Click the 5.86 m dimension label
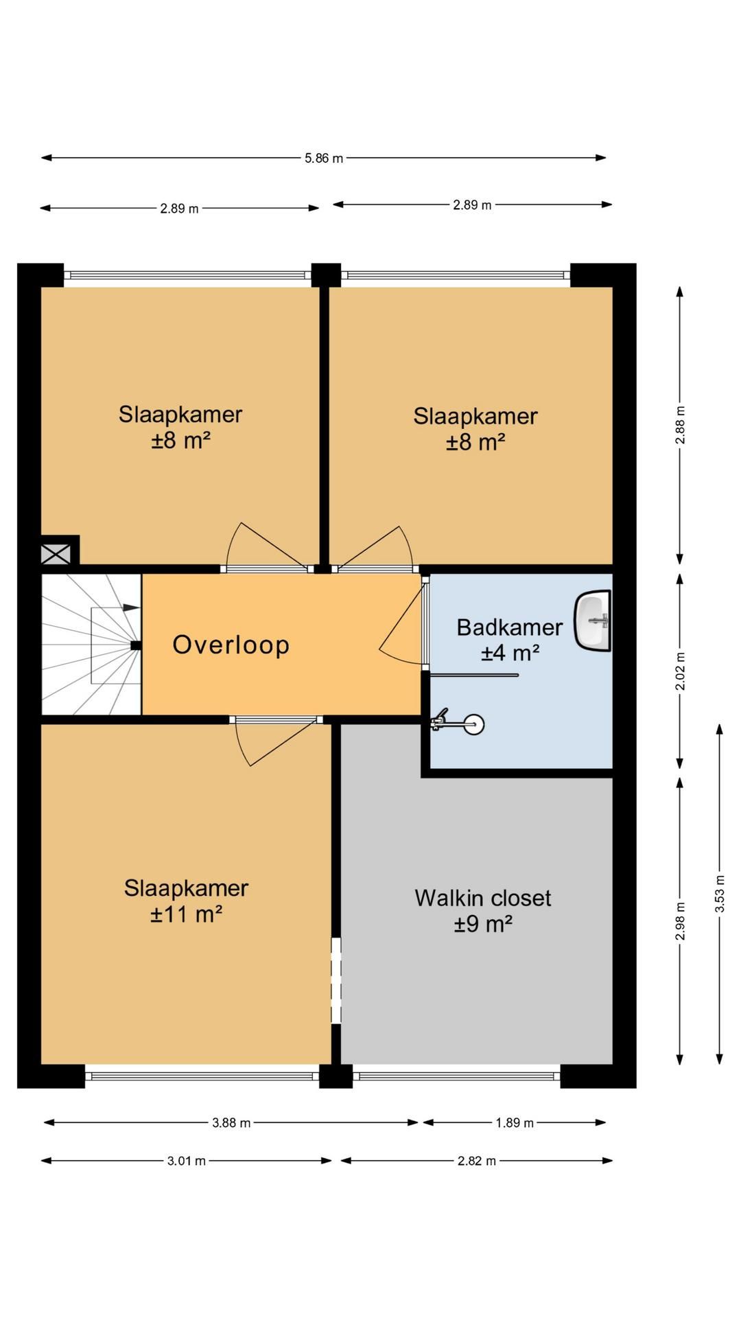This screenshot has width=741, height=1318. click(x=324, y=159)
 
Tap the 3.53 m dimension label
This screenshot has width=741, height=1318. click(x=720, y=893)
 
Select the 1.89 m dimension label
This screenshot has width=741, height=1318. click(x=515, y=1124)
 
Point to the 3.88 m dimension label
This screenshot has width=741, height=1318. click(x=231, y=1124)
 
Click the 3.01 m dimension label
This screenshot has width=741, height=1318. click(x=187, y=1161)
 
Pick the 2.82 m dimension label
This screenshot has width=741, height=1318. click(x=477, y=1161)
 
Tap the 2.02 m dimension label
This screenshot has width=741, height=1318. click(x=681, y=671)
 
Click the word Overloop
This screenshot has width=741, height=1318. click(x=231, y=645)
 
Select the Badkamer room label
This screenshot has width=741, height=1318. click(x=510, y=627)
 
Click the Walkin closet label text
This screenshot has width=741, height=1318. click(x=483, y=899)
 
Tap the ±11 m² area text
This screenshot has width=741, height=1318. click(x=187, y=914)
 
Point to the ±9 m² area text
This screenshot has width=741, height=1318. click(x=484, y=925)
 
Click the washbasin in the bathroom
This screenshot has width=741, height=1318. click(x=593, y=621)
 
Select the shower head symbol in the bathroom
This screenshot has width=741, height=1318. click(x=458, y=723)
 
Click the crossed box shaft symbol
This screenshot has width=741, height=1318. click(x=56, y=553)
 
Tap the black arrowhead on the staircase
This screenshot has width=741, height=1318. click(x=132, y=608)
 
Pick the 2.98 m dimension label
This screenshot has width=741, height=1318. click(x=681, y=921)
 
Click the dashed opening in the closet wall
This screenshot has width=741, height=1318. click(x=336, y=981)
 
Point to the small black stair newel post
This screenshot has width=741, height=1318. click(x=136, y=645)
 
